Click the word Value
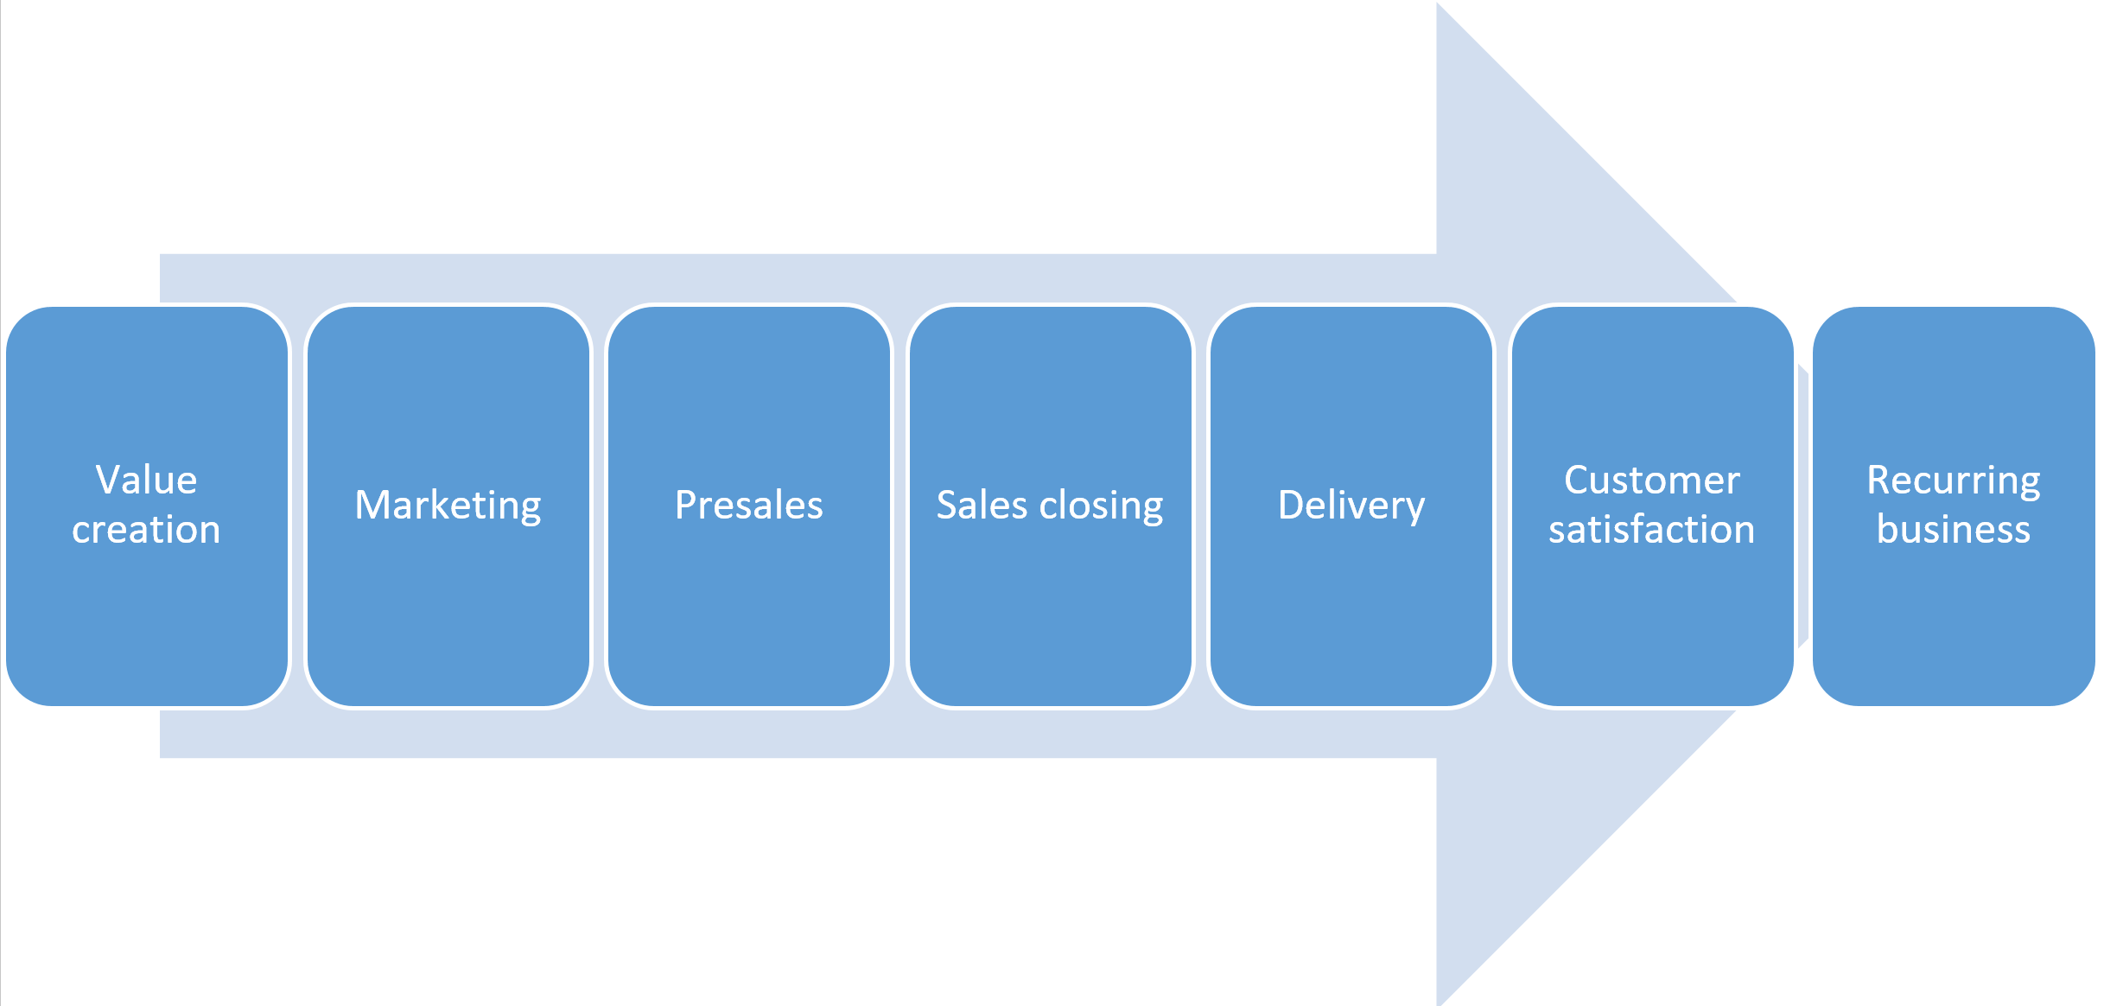147,480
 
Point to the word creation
147,530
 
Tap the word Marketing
448,506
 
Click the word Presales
748,506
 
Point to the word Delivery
1351,506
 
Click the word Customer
1651,481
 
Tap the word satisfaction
1651,530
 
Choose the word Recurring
1953,481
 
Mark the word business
1953,530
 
